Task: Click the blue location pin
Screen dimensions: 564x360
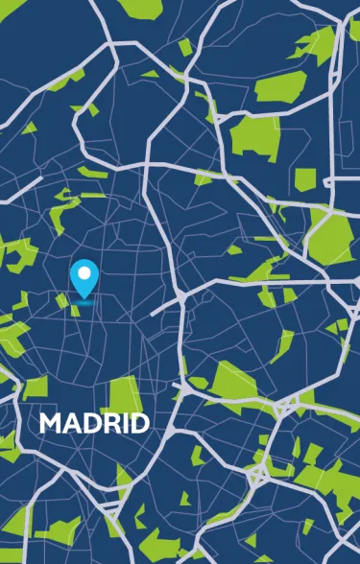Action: tap(84, 278)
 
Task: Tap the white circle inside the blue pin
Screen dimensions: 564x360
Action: tap(84, 274)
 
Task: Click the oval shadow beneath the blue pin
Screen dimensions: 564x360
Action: tap(84, 301)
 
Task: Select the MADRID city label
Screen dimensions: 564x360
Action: tap(94, 423)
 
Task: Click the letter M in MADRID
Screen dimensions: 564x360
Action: tap(50, 423)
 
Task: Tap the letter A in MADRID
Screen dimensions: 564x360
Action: tap(70, 423)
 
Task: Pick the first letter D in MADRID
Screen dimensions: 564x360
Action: tap(88, 423)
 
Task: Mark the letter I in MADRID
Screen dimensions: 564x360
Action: tap(121, 423)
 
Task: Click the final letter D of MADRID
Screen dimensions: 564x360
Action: tap(137, 423)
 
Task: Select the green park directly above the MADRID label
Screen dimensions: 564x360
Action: tap(123, 393)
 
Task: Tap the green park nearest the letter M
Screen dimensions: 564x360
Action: tap(36, 387)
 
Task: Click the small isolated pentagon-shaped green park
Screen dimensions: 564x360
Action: tap(305, 179)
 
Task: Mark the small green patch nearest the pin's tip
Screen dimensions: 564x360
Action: tap(75, 310)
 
